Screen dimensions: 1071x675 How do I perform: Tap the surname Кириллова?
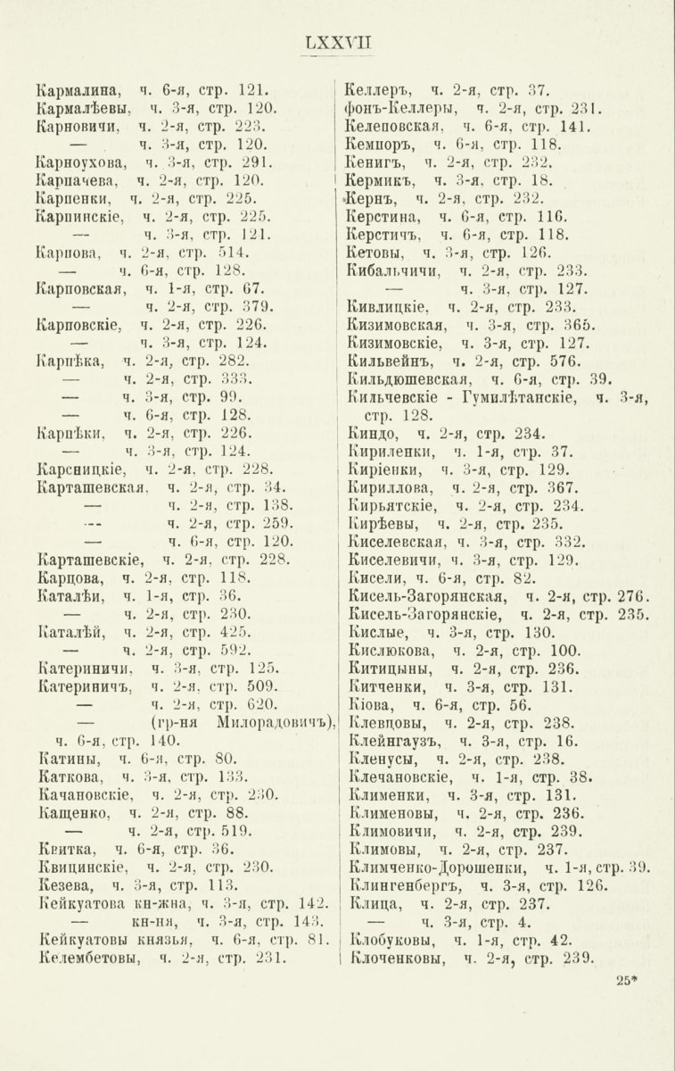tap(392, 487)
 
